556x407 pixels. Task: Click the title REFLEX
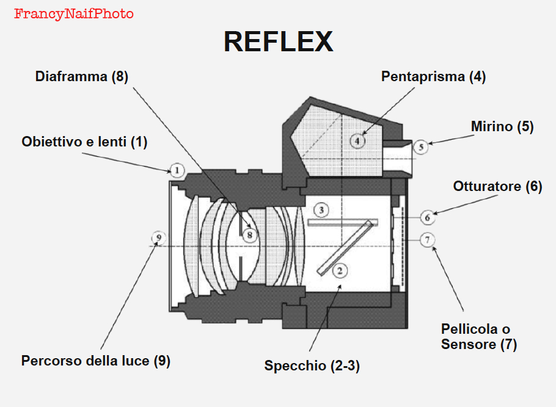tap(278, 41)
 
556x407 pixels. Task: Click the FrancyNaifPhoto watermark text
tap(73, 13)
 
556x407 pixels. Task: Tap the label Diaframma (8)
tap(82, 77)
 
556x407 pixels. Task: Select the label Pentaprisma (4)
tap(433, 77)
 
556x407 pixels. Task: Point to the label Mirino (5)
tap(502, 127)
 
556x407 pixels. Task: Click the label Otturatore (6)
tap(497, 187)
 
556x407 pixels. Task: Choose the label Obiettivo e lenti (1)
tap(84, 142)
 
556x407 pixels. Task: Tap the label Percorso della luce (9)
tap(95, 361)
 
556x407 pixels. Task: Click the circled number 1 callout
tap(176, 170)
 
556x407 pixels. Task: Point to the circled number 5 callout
tap(421, 146)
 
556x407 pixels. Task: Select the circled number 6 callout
tap(428, 216)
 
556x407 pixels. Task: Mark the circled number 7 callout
tap(428, 240)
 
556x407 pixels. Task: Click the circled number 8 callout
tap(249, 234)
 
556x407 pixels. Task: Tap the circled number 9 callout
tap(158, 237)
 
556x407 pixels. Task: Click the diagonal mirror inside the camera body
tap(346, 247)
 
